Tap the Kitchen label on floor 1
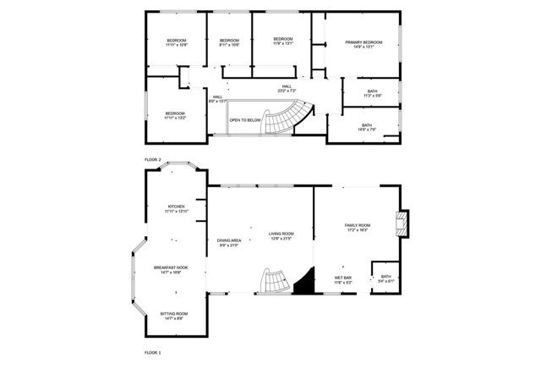(176, 208)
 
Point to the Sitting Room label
(174, 316)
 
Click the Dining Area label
(230, 242)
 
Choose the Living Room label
(281, 236)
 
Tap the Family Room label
(358, 227)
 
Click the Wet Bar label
(343, 279)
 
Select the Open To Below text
(245, 120)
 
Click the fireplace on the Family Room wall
(403, 223)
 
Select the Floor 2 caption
(153, 159)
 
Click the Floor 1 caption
(153, 351)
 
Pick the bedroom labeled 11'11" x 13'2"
(175, 115)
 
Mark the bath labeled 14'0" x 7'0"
(367, 127)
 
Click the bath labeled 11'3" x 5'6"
(373, 93)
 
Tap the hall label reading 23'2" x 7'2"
(287, 88)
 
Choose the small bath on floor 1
(385, 278)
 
